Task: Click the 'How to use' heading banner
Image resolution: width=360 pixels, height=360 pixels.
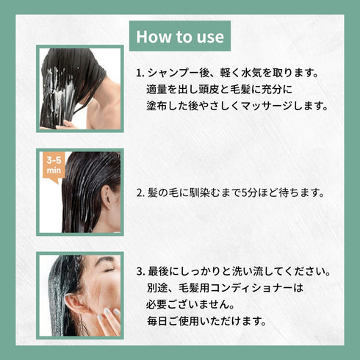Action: tap(180, 36)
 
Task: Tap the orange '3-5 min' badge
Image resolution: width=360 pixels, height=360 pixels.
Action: tap(54, 166)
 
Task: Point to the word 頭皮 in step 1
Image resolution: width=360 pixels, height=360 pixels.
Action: tap(208, 90)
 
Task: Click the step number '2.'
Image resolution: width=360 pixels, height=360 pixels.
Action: tap(140, 193)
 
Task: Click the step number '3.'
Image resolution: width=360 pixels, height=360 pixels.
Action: tap(141, 272)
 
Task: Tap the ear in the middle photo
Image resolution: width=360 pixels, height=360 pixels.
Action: tap(107, 197)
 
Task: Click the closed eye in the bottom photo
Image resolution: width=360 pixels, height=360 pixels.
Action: tap(109, 270)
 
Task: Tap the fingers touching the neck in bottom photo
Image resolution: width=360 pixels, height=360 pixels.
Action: tap(109, 318)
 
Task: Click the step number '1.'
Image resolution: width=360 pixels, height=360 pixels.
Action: tap(140, 73)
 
